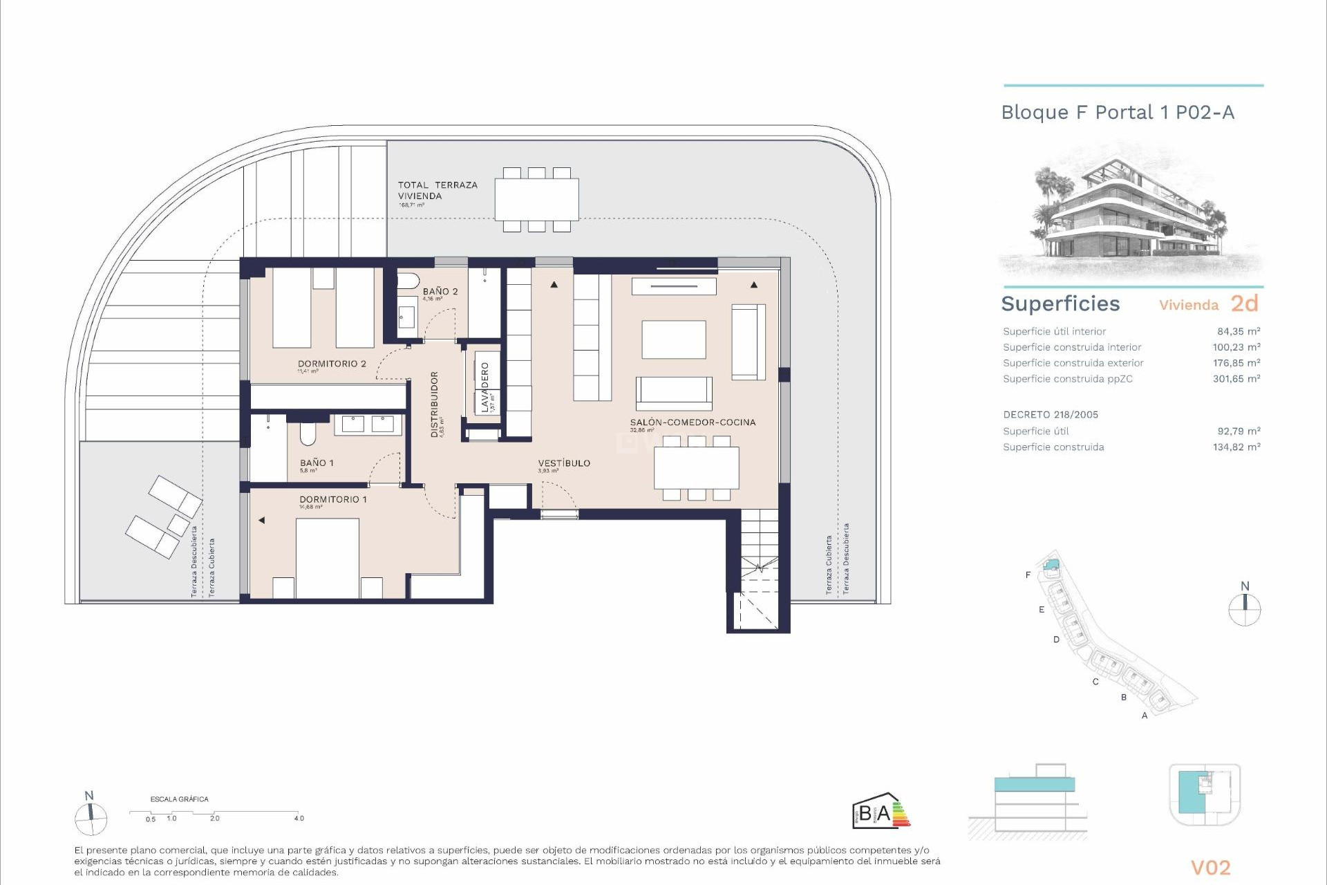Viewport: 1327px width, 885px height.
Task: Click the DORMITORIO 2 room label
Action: pyautogui.click(x=332, y=364)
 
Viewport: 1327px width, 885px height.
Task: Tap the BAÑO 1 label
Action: pyautogui.click(x=317, y=463)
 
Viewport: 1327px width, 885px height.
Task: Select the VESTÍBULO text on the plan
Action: pyautogui.click(x=564, y=463)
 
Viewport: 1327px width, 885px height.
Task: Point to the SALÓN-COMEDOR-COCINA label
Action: pyautogui.click(x=693, y=422)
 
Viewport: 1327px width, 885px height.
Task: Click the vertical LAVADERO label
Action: pyautogui.click(x=485, y=388)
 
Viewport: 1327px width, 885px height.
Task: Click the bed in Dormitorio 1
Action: pyautogui.click(x=327, y=557)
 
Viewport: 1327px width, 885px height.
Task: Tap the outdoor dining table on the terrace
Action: pyautogui.click(x=536, y=199)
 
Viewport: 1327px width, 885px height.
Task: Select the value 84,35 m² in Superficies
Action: pyautogui.click(x=1239, y=331)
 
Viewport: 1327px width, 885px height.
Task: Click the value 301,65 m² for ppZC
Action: pyautogui.click(x=1236, y=379)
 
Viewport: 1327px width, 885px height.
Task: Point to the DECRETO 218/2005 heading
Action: pyautogui.click(x=1051, y=415)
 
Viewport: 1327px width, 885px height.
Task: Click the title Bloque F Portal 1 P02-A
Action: pyautogui.click(x=1118, y=113)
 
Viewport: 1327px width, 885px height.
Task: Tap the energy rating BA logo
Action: pyautogui.click(x=881, y=812)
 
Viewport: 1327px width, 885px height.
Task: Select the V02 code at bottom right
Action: pyautogui.click(x=1210, y=867)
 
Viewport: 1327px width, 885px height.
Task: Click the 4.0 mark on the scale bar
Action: pyautogui.click(x=299, y=818)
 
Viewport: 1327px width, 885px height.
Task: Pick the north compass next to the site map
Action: pyautogui.click(x=1245, y=608)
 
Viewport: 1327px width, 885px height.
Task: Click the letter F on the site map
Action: pyautogui.click(x=1028, y=575)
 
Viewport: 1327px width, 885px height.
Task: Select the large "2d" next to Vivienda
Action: pyautogui.click(x=1244, y=304)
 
